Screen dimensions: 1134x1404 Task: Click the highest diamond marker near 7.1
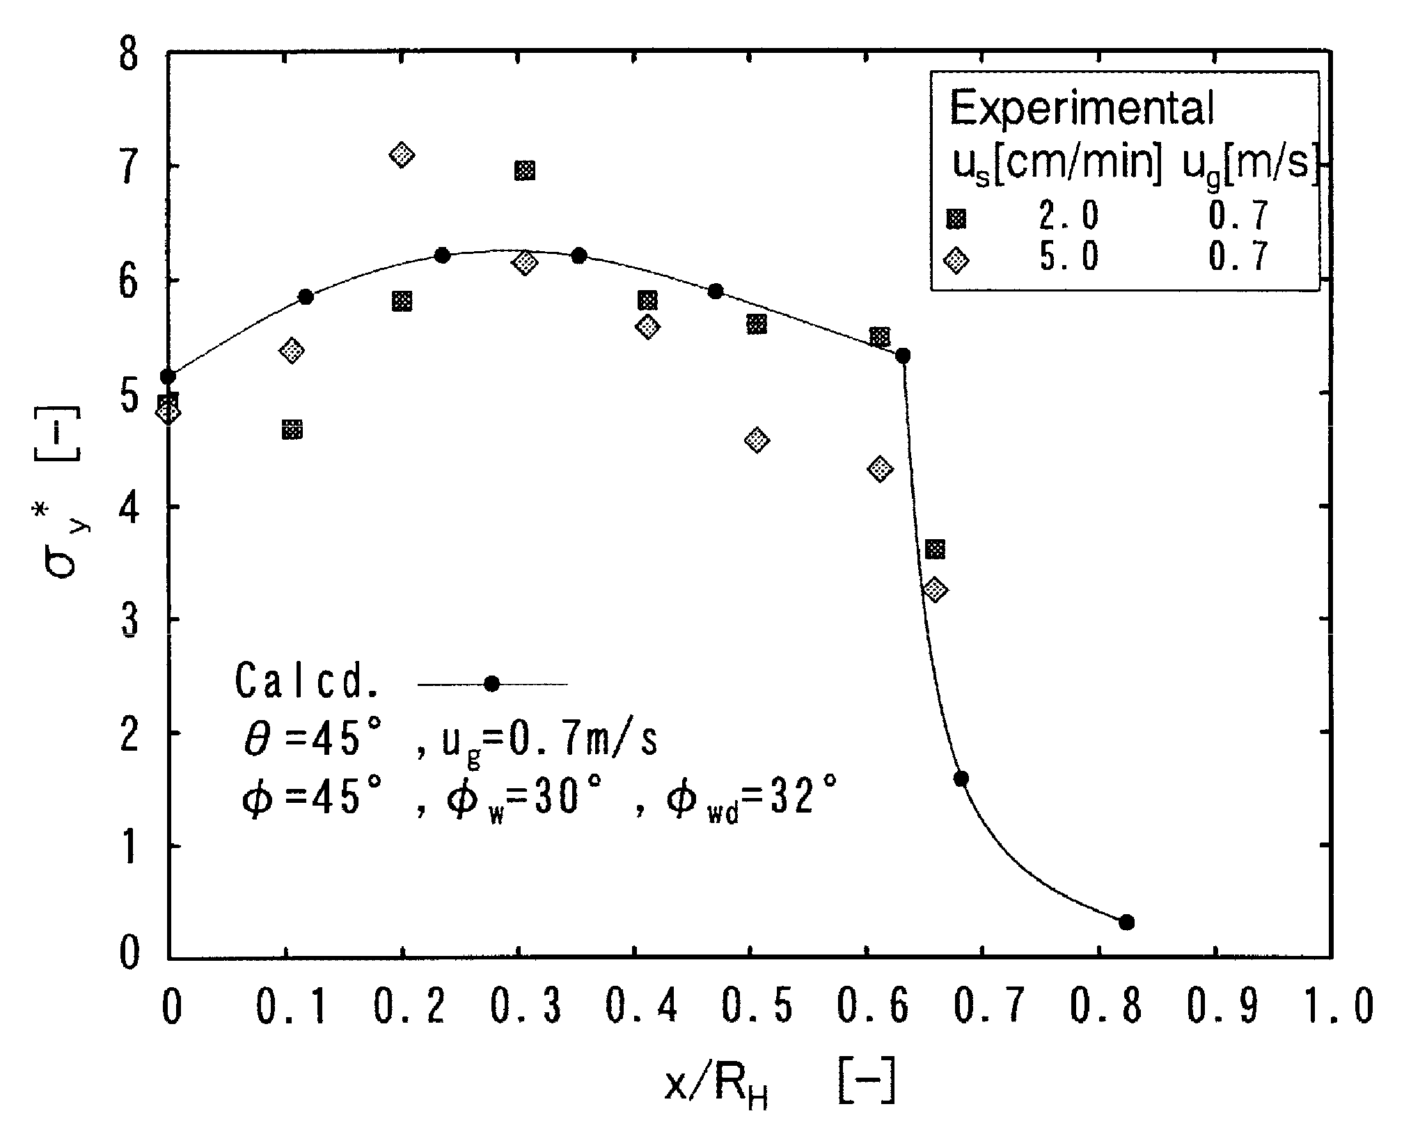click(402, 154)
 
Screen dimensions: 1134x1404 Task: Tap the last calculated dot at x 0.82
click(1127, 923)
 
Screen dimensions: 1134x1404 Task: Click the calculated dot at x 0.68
click(961, 778)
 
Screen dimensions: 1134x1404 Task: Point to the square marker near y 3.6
click(936, 550)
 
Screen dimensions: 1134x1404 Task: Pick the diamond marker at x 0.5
click(757, 440)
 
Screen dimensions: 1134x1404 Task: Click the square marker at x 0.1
click(292, 429)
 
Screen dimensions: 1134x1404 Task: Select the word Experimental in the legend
click(1081, 109)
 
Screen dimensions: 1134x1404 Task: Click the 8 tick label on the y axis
click(130, 54)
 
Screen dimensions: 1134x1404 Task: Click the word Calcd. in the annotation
click(306, 681)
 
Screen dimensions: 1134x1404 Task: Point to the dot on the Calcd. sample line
click(492, 684)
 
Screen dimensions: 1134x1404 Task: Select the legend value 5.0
click(1068, 257)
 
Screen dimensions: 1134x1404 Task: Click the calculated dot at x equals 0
click(168, 377)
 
